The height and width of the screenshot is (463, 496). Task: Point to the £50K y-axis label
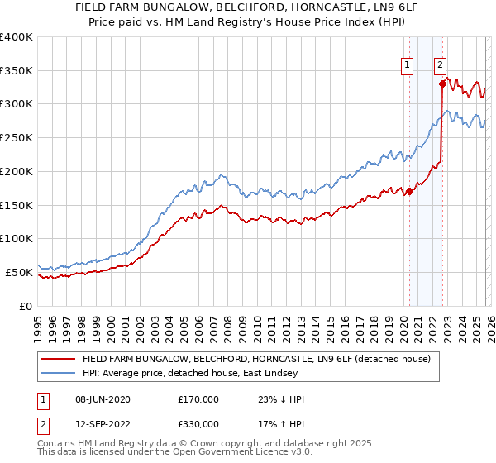tap(19, 272)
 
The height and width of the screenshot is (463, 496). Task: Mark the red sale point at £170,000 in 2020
tap(409, 192)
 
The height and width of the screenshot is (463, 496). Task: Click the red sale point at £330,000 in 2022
tap(442, 84)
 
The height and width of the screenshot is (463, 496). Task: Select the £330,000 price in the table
tap(198, 424)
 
